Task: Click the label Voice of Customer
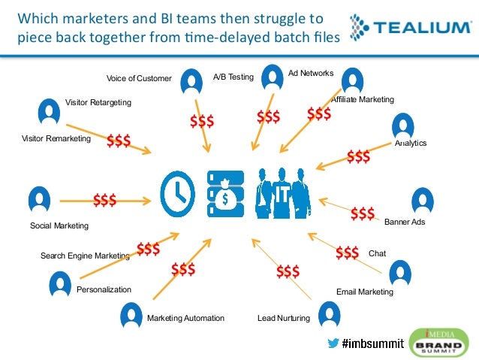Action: tap(139, 78)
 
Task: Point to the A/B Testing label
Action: tap(233, 77)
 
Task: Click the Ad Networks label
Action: tap(311, 73)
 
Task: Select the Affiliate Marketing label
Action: tap(363, 99)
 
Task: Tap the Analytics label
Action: tap(411, 143)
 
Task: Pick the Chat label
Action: tap(377, 254)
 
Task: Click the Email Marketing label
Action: tap(364, 292)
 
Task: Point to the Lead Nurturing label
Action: tap(283, 318)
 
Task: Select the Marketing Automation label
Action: tap(185, 318)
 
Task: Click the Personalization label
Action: tap(104, 289)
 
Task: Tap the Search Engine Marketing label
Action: tap(85, 256)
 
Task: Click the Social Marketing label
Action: tap(59, 225)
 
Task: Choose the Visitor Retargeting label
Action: tap(98, 102)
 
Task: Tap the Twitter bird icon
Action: tap(333, 343)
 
